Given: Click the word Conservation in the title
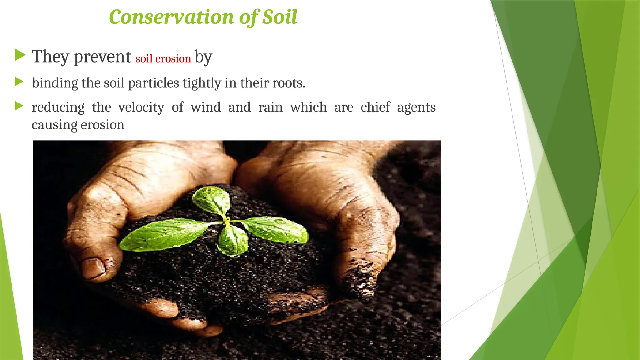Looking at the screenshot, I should point(171,17).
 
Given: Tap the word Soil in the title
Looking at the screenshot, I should point(280,17).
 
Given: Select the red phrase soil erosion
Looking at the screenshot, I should point(163,59).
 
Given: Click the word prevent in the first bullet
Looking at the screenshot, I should point(102,57).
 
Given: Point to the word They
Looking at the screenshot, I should point(50,57).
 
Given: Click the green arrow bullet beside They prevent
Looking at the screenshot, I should point(20,55).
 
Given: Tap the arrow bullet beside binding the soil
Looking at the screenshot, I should point(19,82).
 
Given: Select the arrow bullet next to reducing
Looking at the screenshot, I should point(19,106).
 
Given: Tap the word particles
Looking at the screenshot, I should point(153,83).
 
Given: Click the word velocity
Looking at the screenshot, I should point(141,107).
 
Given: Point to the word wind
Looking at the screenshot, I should point(206,107).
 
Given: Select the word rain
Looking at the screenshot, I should point(270,107).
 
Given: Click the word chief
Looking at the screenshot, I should point(375,107).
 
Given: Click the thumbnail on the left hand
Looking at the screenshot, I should point(93,268).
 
